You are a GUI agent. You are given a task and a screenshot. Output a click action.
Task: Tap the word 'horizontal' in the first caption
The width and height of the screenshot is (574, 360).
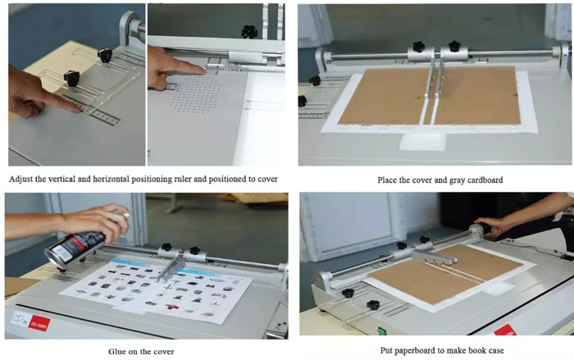point(134,179)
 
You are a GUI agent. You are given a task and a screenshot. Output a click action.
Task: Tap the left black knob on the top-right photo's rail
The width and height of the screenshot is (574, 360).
point(418,47)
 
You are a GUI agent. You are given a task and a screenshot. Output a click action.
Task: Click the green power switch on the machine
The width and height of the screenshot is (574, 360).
point(380,333)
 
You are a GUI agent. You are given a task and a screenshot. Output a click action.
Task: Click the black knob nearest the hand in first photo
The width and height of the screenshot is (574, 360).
point(71,79)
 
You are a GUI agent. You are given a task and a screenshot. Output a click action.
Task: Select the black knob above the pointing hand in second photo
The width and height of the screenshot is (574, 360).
point(248,31)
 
